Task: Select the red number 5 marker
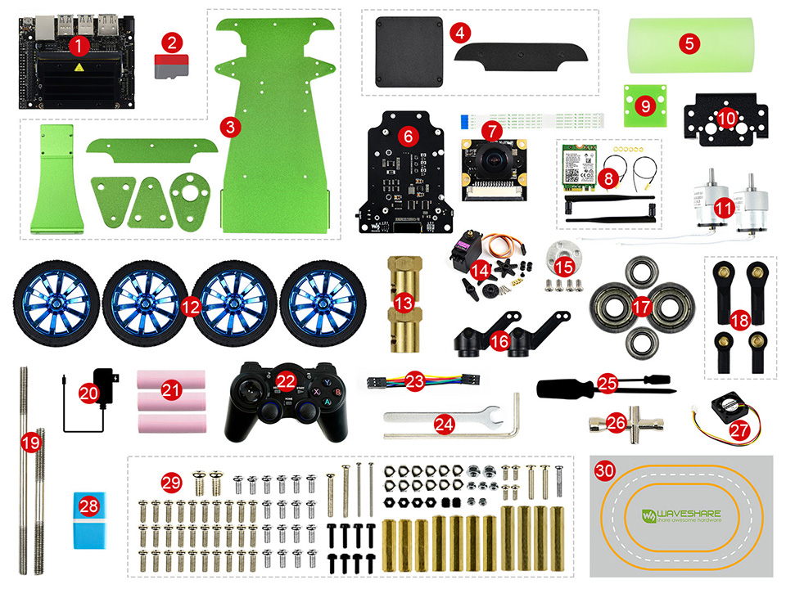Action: pos(689,43)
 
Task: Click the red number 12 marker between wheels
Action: pos(191,308)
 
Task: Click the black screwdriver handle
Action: pos(563,386)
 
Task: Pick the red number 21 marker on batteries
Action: pos(171,391)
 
